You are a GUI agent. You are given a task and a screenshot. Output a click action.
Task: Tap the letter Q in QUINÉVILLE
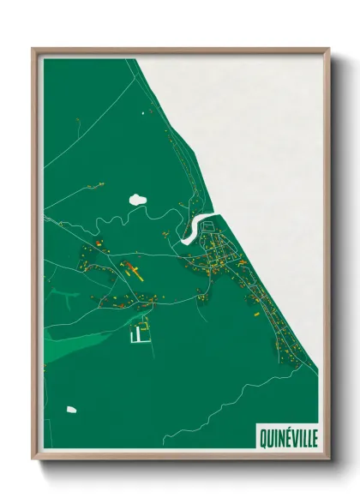pyautogui.click(x=263, y=436)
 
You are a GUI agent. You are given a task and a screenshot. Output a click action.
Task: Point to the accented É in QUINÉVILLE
pyautogui.click(x=286, y=436)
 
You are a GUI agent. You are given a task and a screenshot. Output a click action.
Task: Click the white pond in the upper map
pyautogui.click(x=137, y=200)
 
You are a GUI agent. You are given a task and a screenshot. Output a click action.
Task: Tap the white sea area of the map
pyautogui.click(x=257, y=129)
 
